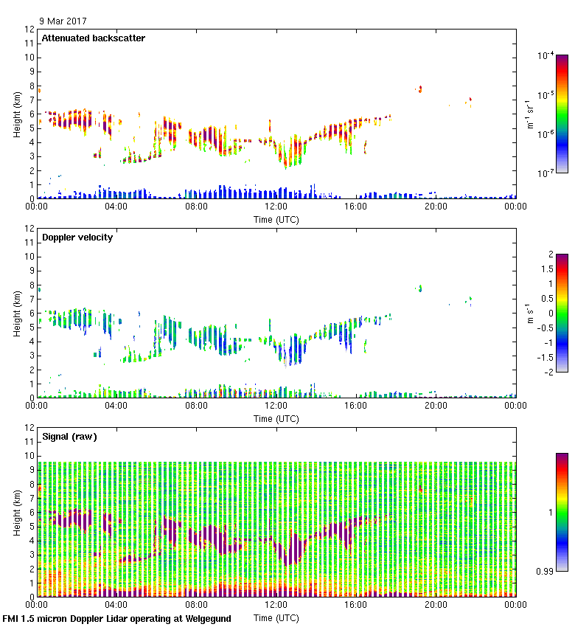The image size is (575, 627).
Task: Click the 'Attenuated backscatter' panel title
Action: coord(93,38)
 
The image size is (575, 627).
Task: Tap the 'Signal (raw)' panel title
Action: coord(69,437)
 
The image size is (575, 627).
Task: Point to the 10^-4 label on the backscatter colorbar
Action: coord(546,55)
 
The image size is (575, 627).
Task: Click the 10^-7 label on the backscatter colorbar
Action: coord(546,173)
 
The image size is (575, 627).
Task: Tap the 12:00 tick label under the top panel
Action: coord(276,207)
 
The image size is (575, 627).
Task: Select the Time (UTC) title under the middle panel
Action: coord(276,419)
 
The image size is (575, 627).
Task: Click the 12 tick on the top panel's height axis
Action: coord(29,30)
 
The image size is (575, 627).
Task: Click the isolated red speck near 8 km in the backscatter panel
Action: coord(419,89)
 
